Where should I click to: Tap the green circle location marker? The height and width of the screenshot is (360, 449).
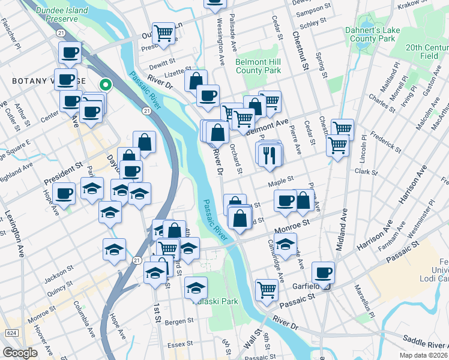106,85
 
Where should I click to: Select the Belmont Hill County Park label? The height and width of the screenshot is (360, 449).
258,66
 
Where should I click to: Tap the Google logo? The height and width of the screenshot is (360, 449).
20,353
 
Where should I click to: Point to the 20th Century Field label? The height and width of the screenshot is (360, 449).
427,51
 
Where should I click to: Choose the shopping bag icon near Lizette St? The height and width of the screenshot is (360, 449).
196,80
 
